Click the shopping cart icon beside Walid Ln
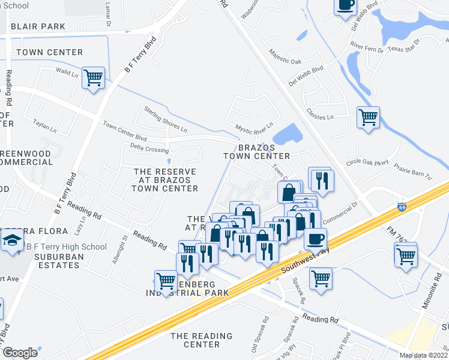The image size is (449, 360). tap(93, 77)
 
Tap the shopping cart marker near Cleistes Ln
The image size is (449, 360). tap(367, 116)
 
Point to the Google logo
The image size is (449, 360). tap(20, 352)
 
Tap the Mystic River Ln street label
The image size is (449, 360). tap(254, 128)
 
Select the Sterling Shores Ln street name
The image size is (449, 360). tap(165, 119)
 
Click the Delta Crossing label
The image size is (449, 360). tap(149, 149)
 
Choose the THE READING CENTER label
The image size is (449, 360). tap(201, 340)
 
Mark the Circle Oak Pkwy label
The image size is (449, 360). tap(367, 162)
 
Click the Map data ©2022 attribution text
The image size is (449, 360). tap(424, 355)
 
